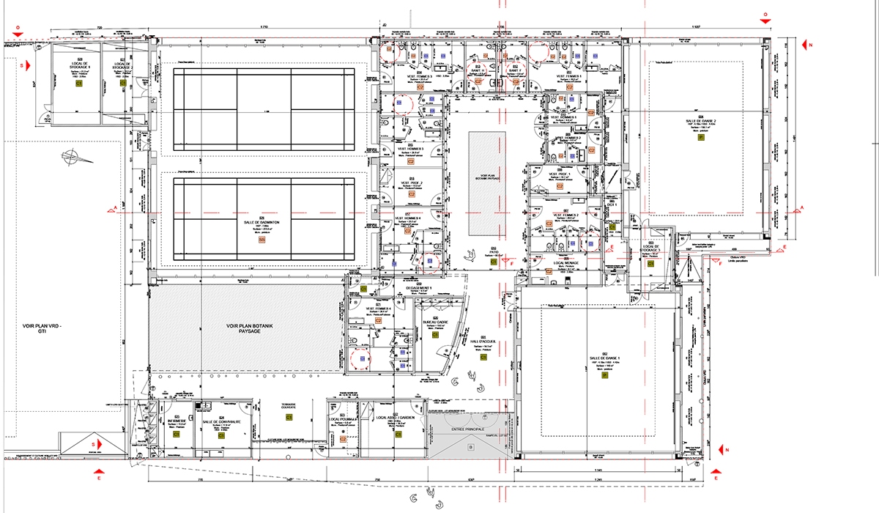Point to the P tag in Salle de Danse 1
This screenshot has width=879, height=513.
605,375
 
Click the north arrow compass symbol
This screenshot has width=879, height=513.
73,156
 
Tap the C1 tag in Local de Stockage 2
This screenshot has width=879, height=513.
122,83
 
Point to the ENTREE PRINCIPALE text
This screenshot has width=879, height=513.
470,429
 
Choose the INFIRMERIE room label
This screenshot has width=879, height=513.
177,421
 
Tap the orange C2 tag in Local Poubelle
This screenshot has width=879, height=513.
343,438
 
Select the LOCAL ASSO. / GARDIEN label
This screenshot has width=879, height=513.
396,418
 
